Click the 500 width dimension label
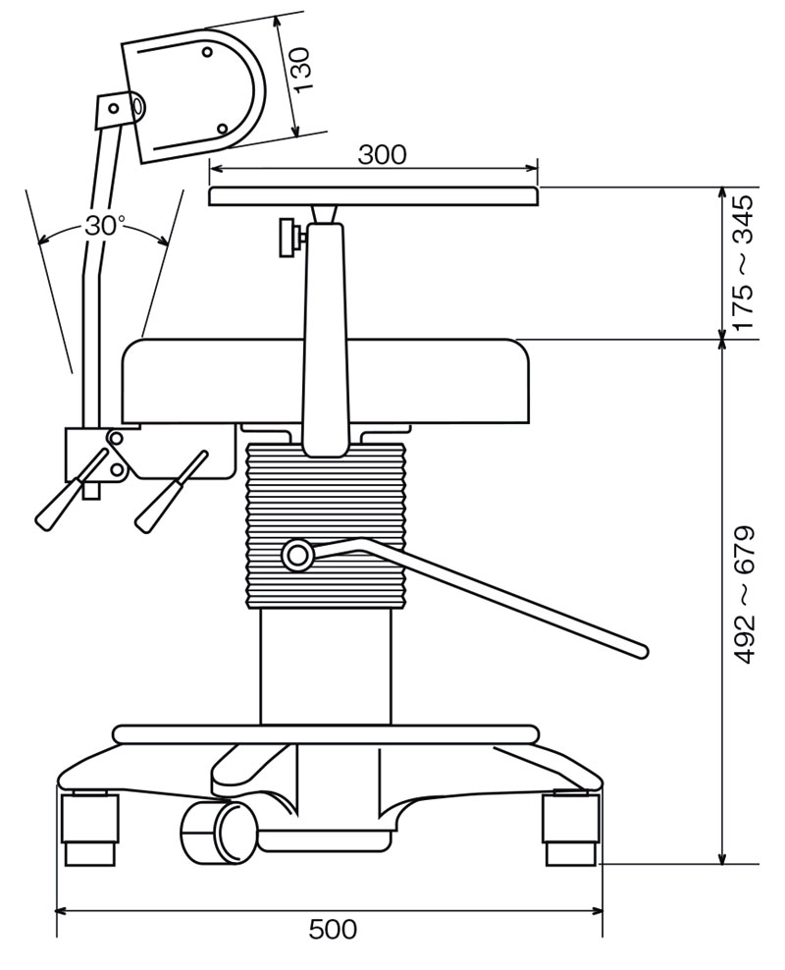pos(333,929)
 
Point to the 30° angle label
pos(104,225)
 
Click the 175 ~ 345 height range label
pos(743,262)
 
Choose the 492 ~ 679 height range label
pos(744,595)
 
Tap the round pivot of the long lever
pos(296,556)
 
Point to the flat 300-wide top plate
pos(374,196)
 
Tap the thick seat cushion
pos(216,383)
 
